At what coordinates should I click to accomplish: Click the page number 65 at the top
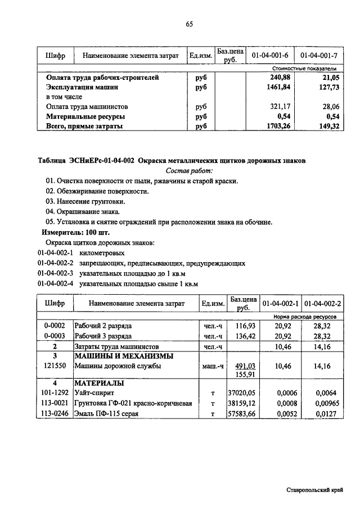coord(188,24)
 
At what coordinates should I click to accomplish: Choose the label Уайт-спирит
coord(94,393)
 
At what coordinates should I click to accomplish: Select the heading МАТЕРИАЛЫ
coord(98,384)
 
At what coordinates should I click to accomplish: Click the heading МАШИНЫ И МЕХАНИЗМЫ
coord(124,356)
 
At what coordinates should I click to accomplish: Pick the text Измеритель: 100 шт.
coord(76,232)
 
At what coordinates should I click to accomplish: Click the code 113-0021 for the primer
coord(55,403)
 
